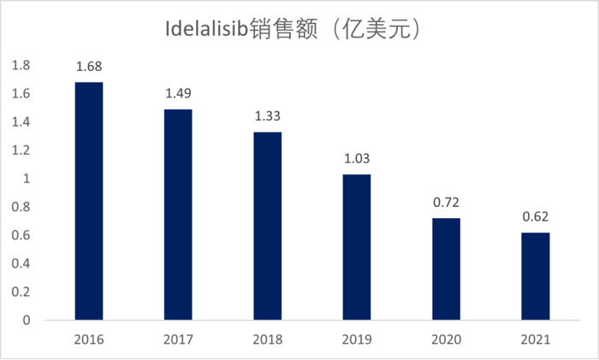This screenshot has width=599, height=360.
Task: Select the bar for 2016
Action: (89, 202)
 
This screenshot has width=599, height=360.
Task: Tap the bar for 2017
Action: (178, 215)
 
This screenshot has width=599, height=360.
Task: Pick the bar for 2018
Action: (268, 227)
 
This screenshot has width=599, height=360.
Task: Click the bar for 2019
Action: (357, 248)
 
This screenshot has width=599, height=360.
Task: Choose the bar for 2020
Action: (446, 269)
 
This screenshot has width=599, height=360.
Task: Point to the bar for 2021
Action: (536, 276)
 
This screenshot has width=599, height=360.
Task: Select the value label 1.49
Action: (178, 94)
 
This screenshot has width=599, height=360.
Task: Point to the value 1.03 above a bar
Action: (357, 159)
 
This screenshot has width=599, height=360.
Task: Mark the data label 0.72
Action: (446, 204)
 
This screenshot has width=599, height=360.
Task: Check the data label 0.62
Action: (536, 217)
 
